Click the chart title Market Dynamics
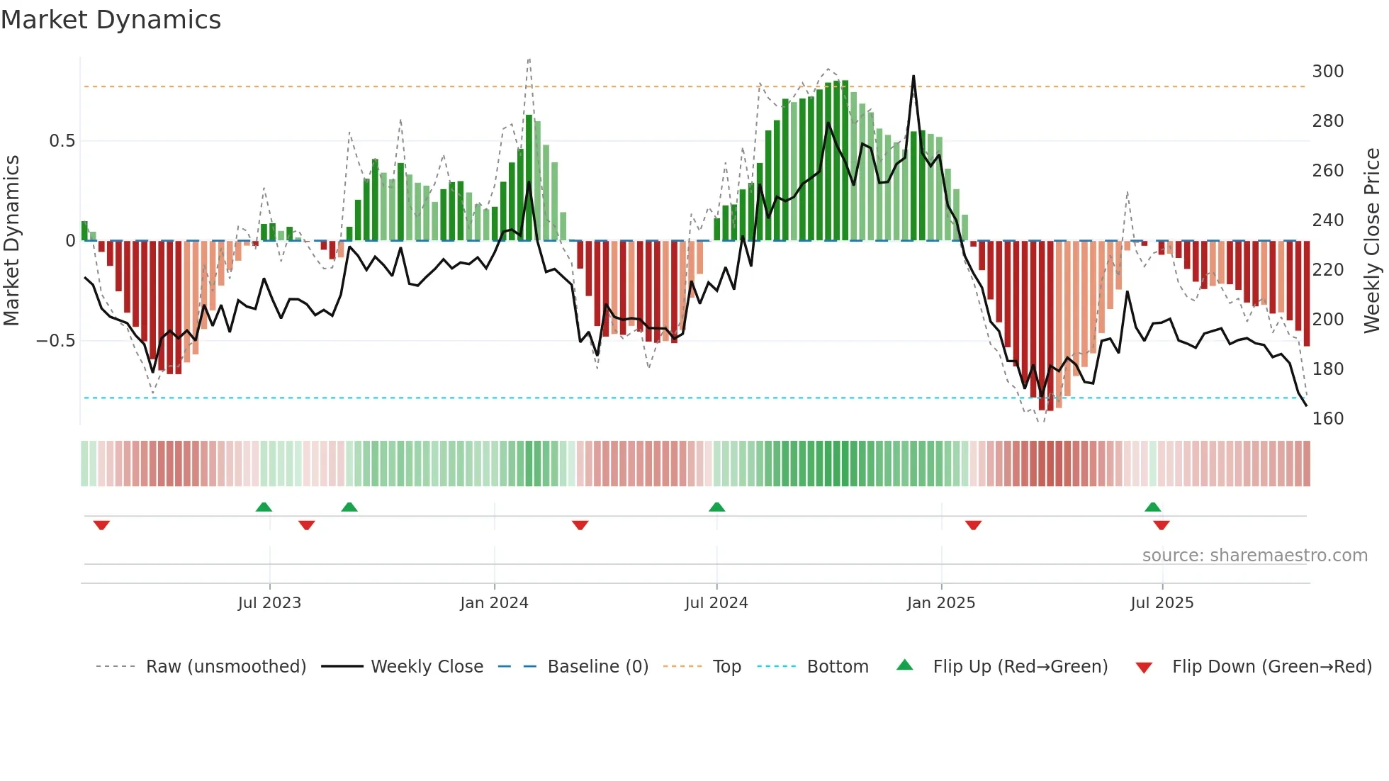click(111, 20)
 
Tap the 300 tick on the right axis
click(1327, 72)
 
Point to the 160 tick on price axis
click(1327, 419)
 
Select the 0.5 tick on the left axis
click(62, 141)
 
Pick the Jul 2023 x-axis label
click(269, 603)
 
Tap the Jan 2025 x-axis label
click(941, 603)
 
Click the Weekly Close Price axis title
click(1372, 241)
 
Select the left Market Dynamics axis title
click(11, 241)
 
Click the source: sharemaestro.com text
click(1254, 556)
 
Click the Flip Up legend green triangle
click(905, 665)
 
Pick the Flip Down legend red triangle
click(1144, 668)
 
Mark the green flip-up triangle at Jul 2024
click(716, 507)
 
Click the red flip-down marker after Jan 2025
click(973, 525)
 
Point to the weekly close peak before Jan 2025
click(913, 77)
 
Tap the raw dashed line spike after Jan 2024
click(529, 60)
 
